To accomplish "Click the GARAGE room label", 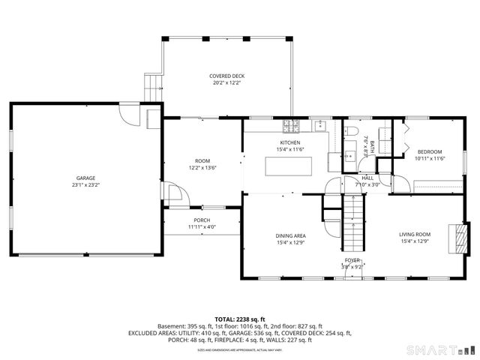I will pyautogui.click(x=86, y=178).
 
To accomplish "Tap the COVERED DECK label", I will pyautogui.click(x=226, y=76).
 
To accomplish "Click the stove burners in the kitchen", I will pyautogui.click(x=296, y=124).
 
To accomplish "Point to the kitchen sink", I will pyautogui.click(x=320, y=124).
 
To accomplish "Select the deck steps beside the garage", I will pyautogui.click(x=153, y=85).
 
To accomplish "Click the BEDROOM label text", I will pyautogui.click(x=430, y=151).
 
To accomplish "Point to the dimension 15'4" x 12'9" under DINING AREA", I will pyautogui.click(x=290, y=242).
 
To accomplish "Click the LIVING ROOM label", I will pyautogui.click(x=414, y=235).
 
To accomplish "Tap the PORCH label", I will pyautogui.click(x=202, y=220).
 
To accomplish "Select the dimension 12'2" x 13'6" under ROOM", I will pyautogui.click(x=202, y=168).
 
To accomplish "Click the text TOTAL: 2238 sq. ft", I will pyautogui.click(x=240, y=319).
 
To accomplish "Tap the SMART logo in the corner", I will pyautogui.click(x=440, y=350).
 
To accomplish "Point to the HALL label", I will pyautogui.click(x=367, y=178).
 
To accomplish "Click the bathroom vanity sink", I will pyautogui.click(x=349, y=156).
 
